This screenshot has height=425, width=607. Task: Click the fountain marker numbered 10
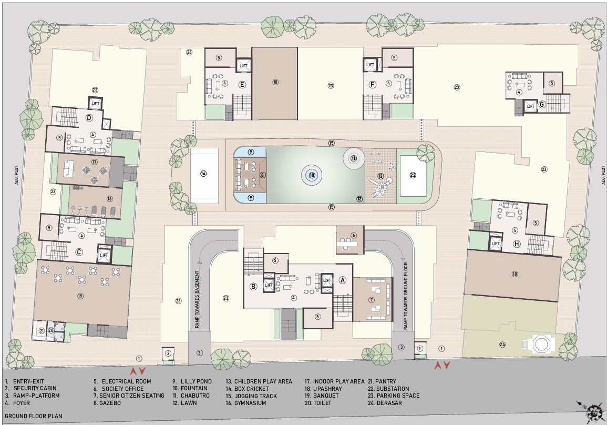[312, 175]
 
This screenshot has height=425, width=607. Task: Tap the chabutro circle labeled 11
[354, 158]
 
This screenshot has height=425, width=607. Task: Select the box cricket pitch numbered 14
[203, 174]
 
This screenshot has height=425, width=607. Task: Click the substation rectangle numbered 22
[413, 176]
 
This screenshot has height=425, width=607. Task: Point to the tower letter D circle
[89, 118]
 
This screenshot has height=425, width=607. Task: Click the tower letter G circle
[542, 105]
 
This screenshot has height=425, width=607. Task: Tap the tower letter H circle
[517, 244]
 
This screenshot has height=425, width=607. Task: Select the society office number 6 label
[354, 235]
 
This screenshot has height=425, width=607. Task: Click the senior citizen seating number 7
[372, 300]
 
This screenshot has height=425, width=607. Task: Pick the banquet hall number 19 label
[80, 296]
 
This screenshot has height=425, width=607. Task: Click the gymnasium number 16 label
[109, 199]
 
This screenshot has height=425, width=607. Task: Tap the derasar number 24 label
[502, 345]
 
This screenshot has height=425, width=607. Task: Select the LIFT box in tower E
[243, 66]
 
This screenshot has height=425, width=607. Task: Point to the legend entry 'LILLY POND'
[192, 381]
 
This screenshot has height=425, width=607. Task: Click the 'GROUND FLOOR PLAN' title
[33, 416]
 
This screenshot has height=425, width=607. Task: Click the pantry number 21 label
[42, 330]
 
